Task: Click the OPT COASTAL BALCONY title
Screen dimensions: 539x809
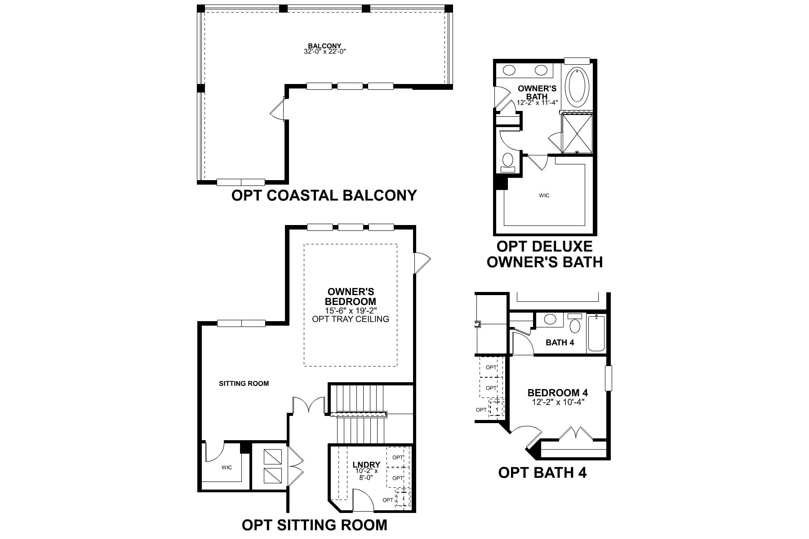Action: [324, 196]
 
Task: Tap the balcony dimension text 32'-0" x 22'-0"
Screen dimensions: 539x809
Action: [324, 52]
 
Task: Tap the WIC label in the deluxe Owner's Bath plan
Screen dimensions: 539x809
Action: [544, 195]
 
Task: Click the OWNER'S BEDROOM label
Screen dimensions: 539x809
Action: [351, 296]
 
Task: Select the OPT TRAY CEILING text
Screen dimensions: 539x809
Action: [351, 319]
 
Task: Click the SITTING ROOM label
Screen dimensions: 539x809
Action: [244, 384]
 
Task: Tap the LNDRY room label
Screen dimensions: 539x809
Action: [366, 464]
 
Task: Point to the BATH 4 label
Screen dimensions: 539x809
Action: [560, 343]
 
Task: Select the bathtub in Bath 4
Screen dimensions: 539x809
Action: [596, 333]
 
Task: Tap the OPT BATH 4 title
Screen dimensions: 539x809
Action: [542, 473]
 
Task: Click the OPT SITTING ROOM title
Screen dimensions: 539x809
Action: [314, 525]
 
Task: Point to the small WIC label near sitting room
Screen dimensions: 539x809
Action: [227, 468]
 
